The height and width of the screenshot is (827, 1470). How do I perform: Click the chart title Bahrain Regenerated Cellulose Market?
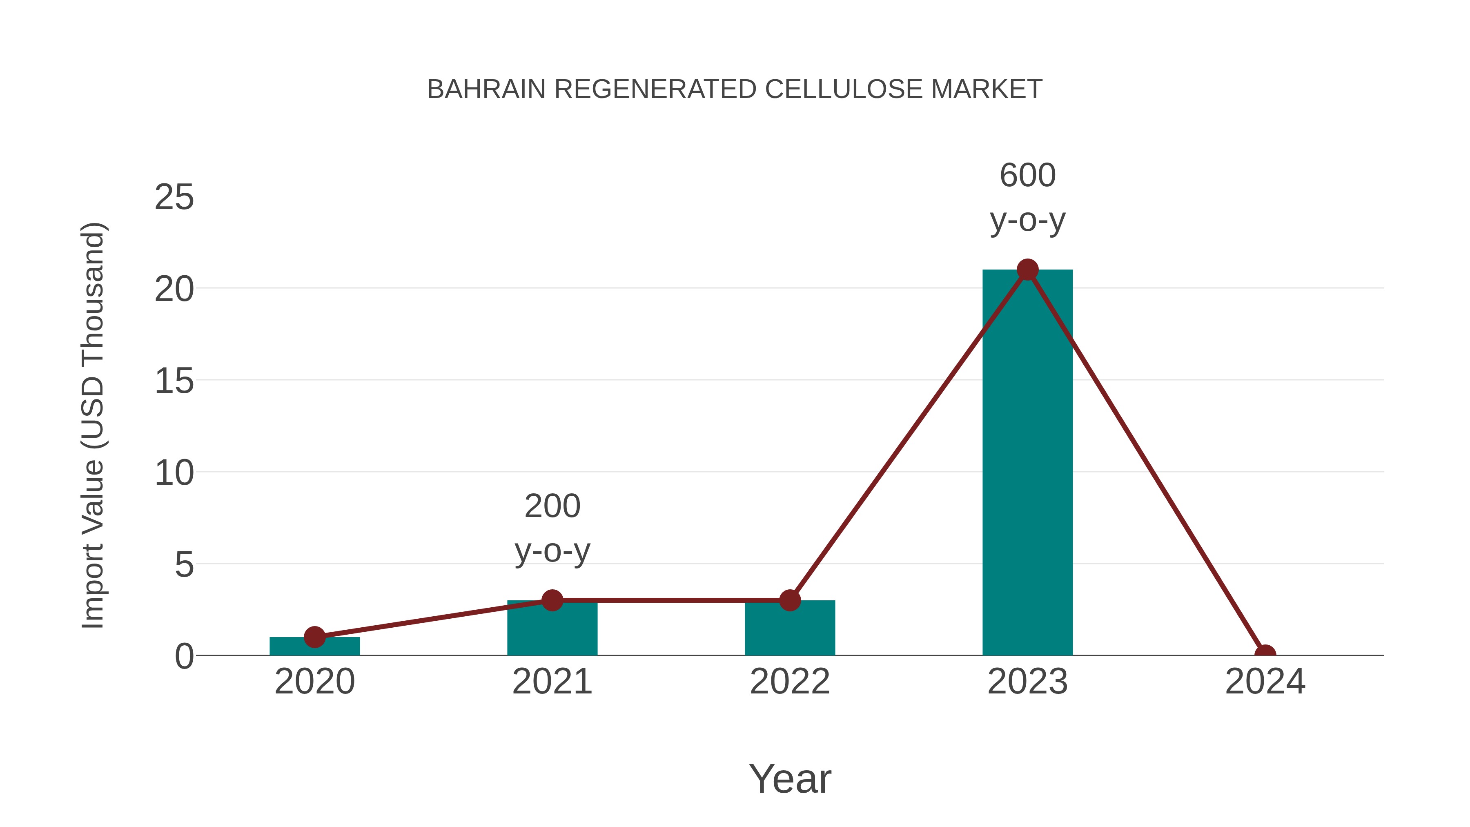(735, 89)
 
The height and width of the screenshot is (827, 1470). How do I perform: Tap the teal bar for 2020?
(314, 646)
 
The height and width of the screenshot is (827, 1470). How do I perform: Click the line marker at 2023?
(1027, 270)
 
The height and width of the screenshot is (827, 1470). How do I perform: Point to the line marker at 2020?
(314, 637)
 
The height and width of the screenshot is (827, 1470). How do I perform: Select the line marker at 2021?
(552, 600)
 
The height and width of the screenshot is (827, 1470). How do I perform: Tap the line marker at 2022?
(790, 600)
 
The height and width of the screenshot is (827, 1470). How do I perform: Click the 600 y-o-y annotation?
(1027, 198)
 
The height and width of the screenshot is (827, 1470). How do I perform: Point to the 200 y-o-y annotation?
(552, 528)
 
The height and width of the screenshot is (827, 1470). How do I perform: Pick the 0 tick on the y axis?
(184, 656)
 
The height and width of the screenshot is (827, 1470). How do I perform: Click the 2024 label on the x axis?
(1265, 682)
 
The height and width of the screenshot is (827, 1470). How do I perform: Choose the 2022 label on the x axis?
(790, 682)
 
